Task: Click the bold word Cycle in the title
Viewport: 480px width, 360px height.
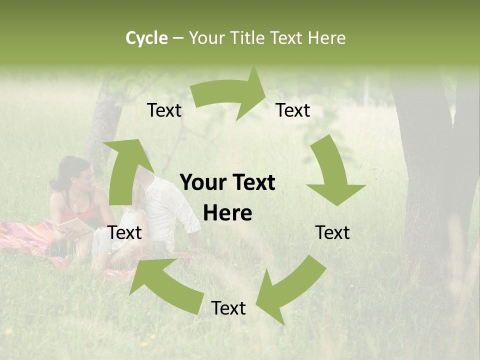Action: coord(146,38)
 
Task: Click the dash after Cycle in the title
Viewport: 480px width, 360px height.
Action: coord(178,38)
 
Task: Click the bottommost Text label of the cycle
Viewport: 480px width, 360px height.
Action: coord(228,308)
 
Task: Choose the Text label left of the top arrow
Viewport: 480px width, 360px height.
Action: coord(164,110)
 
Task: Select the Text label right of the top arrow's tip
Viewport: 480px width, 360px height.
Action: coord(293,110)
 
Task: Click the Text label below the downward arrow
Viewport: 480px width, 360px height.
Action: coord(332,232)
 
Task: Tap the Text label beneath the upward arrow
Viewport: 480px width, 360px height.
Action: coord(125,232)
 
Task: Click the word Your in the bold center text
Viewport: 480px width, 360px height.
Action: coord(200,183)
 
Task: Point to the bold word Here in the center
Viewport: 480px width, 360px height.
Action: coord(228,213)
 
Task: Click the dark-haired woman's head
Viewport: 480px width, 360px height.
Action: coord(75,172)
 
